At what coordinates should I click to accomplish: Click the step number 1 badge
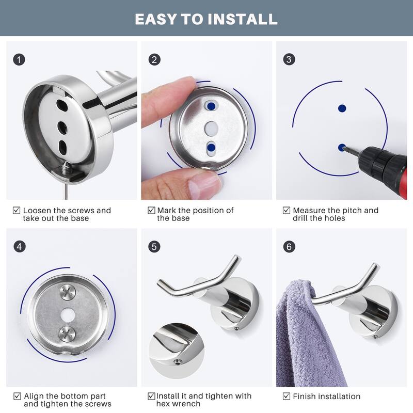click(19, 60)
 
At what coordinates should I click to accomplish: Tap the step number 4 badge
click(20, 247)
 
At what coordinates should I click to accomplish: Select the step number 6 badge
click(289, 247)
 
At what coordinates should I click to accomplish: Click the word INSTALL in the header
click(242, 19)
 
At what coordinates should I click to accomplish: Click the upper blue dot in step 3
click(342, 108)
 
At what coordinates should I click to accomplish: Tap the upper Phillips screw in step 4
click(68, 292)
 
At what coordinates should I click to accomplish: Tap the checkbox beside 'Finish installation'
click(287, 396)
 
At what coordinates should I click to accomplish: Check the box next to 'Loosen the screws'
click(17, 210)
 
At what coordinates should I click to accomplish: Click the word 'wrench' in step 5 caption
click(187, 404)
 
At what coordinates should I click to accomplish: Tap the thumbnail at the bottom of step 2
click(205, 183)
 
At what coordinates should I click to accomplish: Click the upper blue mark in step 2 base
click(211, 106)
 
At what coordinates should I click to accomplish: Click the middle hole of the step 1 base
click(62, 128)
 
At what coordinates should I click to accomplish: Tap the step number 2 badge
click(154, 60)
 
